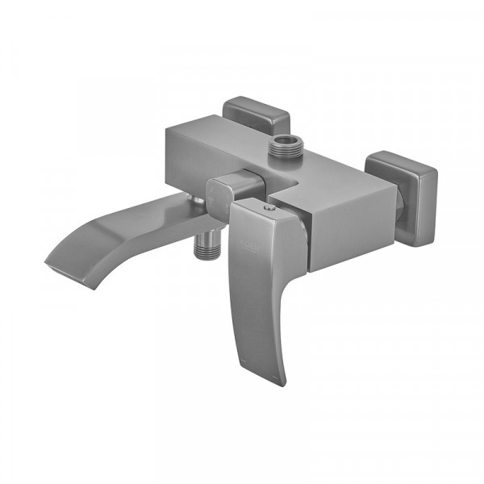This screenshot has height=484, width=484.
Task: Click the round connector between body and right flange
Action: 396,211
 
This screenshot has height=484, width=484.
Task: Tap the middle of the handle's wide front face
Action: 258,282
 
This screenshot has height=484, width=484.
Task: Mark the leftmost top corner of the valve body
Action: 170,129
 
